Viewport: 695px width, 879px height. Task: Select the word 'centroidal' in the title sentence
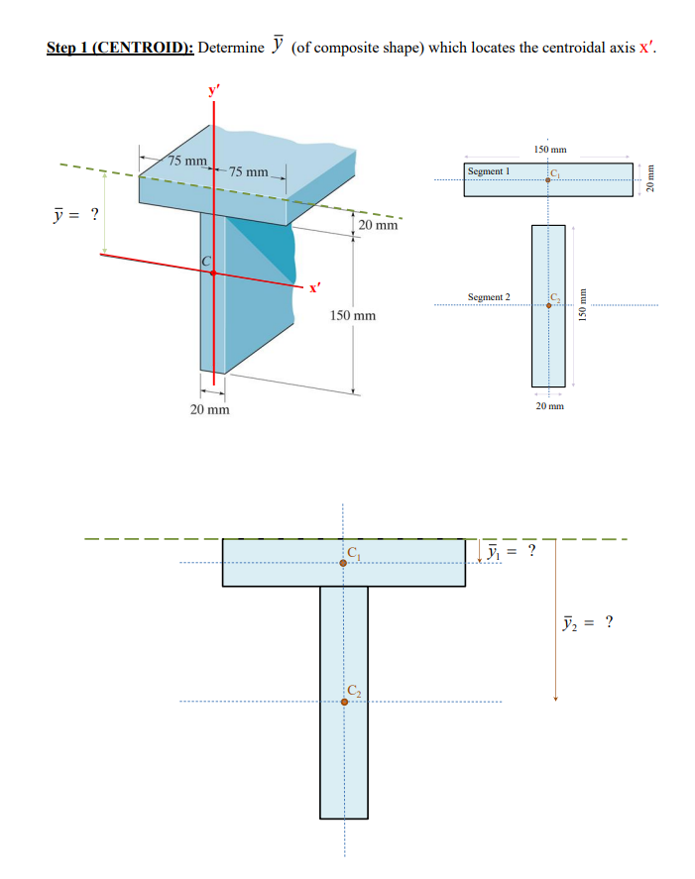coord(557,48)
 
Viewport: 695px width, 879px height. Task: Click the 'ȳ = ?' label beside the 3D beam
coord(75,215)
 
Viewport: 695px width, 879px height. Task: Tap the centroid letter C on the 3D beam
coord(206,261)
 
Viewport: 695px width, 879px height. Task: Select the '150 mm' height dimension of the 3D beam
coord(352,315)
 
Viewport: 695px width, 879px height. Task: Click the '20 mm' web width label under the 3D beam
coord(210,408)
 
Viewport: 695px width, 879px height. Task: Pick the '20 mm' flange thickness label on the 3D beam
coord(379,225)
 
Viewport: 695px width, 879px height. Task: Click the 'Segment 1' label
coord(488,171)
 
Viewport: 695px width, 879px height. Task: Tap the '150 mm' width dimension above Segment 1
coord(548,149)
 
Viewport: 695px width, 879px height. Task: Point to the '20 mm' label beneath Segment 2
coord(548,405)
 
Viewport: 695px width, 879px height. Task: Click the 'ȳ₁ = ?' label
coord(515,550)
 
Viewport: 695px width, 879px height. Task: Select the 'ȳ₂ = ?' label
coord(587,622)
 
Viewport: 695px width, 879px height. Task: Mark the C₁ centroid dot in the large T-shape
coord(343,563)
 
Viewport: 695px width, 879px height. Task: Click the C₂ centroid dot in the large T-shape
coord(344,702)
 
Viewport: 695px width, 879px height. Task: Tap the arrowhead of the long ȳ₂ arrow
coord(555,698)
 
